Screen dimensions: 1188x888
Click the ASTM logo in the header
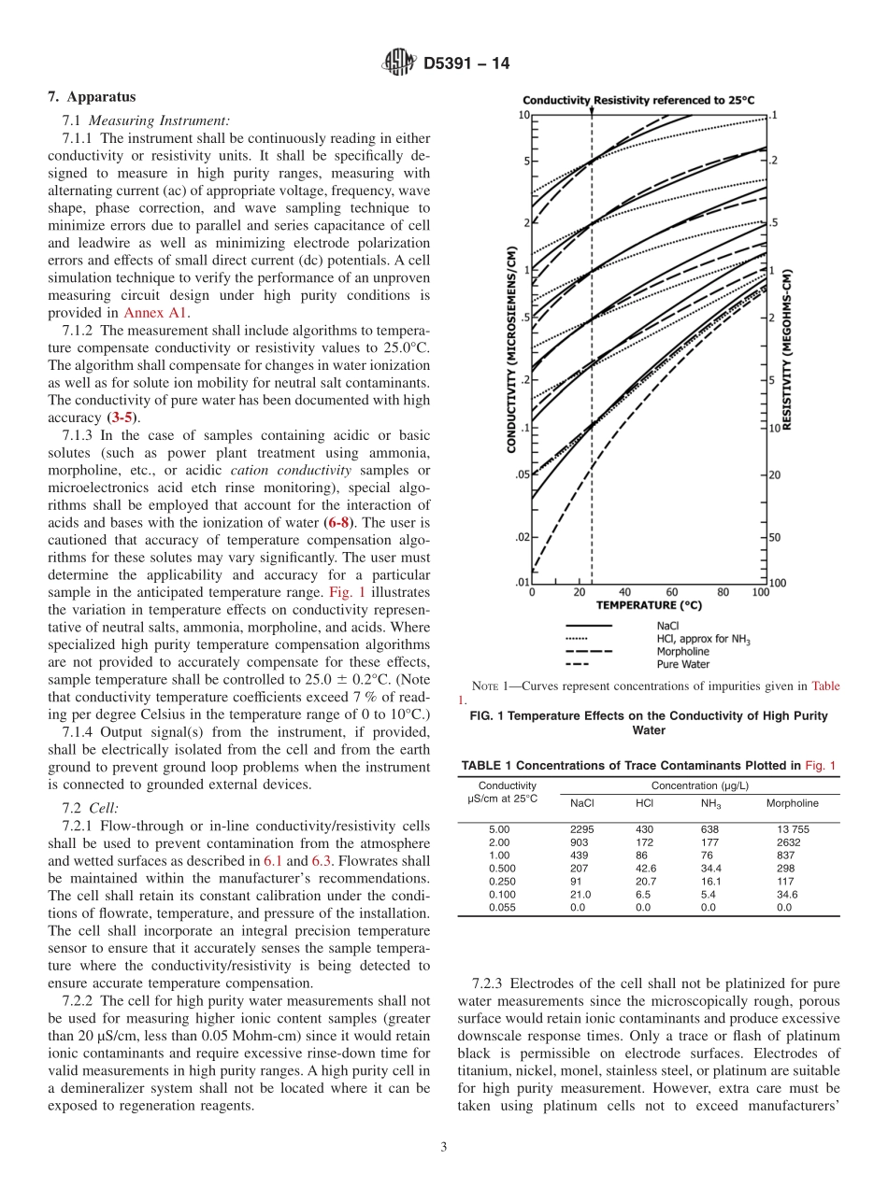pyautogui.click(x=399, y=64)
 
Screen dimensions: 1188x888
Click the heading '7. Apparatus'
pyautogui.click(x=92, y=97)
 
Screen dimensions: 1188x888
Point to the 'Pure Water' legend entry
pyautogui.click(x=682, y=664)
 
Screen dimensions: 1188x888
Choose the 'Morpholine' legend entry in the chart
pyautogui.click(x=682, y=651)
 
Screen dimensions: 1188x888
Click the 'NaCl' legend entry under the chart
pyautogui.click(x=668, y=625)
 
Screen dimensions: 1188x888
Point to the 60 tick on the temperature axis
pyautogui.click(x=671, y=592)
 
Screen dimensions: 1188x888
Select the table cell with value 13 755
pyautogui.click(x=793, y=829)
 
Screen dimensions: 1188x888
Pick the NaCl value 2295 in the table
pyautogui.click(x=581, y=829)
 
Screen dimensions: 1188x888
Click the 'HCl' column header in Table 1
pyautogui.click(x=644, y=803)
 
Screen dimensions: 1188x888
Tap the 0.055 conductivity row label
pyautogui.click(x=501, y=907)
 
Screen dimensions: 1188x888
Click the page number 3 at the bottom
pyautogui.click(x=444, y=1147)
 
